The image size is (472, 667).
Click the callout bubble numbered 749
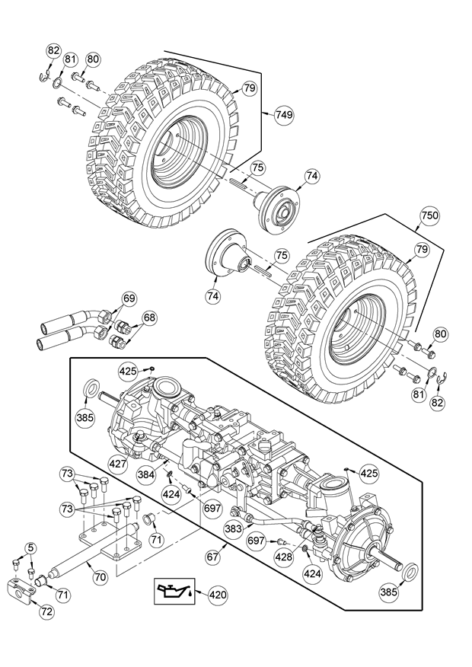click(284, 114)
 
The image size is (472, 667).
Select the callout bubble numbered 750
click(429, 215)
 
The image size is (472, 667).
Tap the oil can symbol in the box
click(174, 591)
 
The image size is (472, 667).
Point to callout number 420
click(217, 595)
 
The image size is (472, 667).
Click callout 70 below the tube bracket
click(100, 577)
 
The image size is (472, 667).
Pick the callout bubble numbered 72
click(46, 611)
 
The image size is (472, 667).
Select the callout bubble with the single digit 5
click(30, 547)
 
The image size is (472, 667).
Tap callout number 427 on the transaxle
click(118, 463)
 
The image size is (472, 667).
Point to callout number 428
click(284, 556)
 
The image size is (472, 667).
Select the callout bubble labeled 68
click(149, 318)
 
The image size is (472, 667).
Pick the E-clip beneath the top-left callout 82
click(43, 78)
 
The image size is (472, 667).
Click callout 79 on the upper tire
click(250, 88)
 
